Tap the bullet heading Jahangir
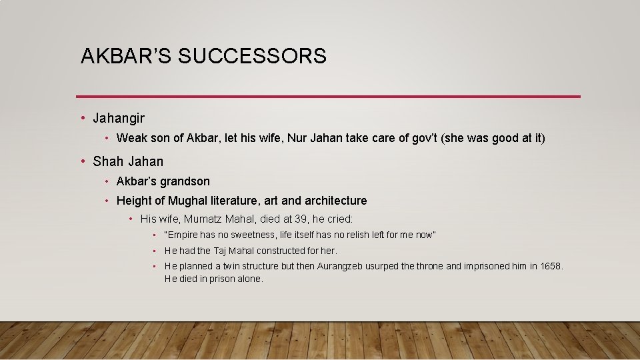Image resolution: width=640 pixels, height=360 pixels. click(x=119, y=119)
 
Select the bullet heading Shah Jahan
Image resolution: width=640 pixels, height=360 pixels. click(x=128, y=161)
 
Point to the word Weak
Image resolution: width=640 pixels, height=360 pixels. click(x=130, y=139)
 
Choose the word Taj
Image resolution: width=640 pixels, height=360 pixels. click(x=221, y=251)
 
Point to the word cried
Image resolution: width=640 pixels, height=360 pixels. click(x=338, y=219)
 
